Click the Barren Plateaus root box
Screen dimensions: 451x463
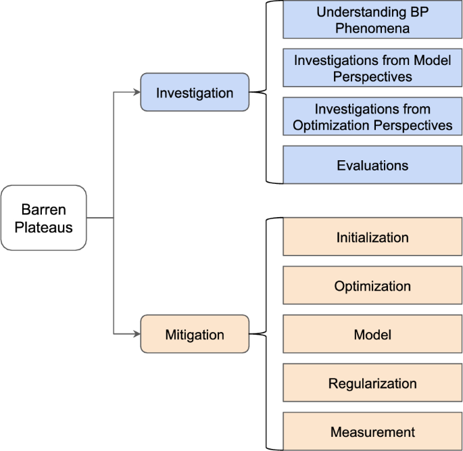pyautogui.click(x=44, y=218)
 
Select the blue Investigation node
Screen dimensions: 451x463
pyautogui.click(x=195, y=93)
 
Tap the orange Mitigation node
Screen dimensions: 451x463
pyautogui.click(x=195, y=334)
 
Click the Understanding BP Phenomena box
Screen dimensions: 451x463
pyautogui.click(x=372, y=20)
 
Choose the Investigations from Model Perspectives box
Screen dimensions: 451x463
pyautogui.click(x=372, y=68)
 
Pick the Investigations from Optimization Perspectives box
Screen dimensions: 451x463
pyautogui.click(x=372, y=116)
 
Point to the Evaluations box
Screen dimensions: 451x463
pyautogui.click(x=372, y=165)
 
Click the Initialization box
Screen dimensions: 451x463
pyautogui.click(x=372, y=237)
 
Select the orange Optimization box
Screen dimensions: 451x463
pyautogui.click(x=372, y=286)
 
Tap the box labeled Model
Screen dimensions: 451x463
pyautogui.click(x=372, y=335)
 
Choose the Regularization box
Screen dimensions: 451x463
pyautogui.click(x=372, y=383)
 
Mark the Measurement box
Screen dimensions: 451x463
pyautogui.click(x=372, y=432)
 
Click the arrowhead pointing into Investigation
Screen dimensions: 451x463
pyautogui.click(x=136, y=93)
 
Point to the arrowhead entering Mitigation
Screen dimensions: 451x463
pyautogui.click(x=136, y=334)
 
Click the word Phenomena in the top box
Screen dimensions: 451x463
pyautogui.click(x=372, y=28)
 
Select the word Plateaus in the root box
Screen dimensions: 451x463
pyautogui.click(x=44, y=227)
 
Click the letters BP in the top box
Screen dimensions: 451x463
pyautogui.click(x=419, y=12)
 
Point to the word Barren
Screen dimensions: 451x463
pyautogui.click(x=44, y=209)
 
